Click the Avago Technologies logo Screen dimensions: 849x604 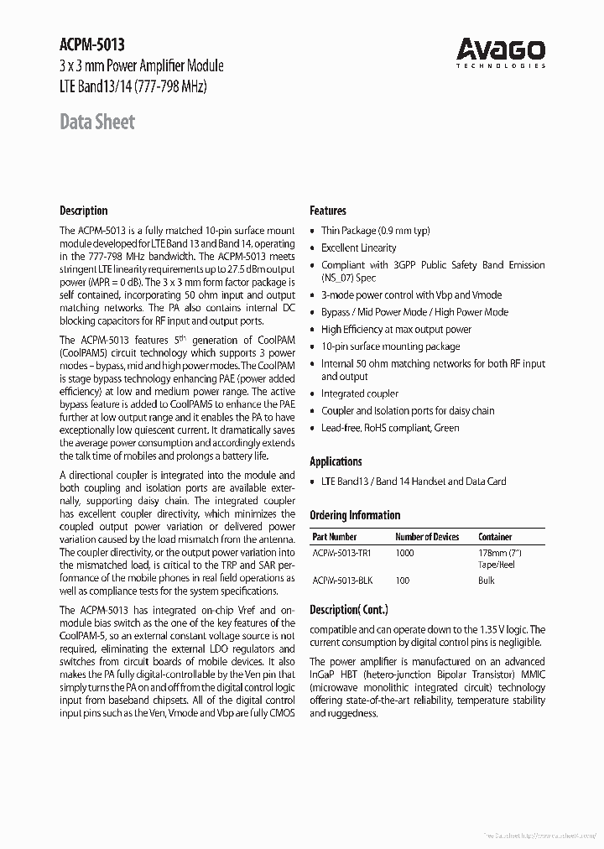tap(501, 52)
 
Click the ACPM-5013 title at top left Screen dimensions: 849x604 tap(92, 45)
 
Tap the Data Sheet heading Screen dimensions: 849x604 tap(97, 122)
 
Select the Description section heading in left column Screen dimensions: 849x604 tap(84, 211)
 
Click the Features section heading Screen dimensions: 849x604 tap(328, 211)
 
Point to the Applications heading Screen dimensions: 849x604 tap(336, 461)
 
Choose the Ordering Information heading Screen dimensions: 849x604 tap(355, 515)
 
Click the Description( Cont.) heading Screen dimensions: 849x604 tap(349, 610)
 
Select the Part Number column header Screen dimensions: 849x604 tap(335, 537)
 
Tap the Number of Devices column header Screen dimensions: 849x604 tap(427, 537)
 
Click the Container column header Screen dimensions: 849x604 tap(495, 537)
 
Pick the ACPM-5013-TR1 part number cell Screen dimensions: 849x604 tap(341, 554)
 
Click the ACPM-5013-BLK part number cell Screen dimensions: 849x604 tap(341, 581)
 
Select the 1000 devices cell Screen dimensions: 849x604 tap(405, 554)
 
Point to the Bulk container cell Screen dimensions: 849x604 tap(487, 581)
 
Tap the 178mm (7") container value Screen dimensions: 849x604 tap(500, 554)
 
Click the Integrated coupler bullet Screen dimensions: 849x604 tap(360, 393)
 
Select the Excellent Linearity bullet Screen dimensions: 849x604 tap(359, 247)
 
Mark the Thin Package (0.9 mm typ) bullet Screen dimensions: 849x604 tap(375, 231)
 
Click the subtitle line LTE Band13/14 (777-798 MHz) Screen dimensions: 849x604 tap(133, 86)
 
